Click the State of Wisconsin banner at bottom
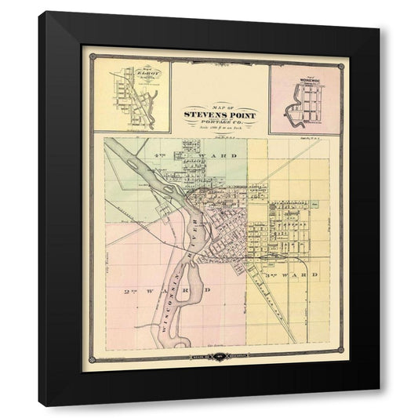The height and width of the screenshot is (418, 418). (216, 359)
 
